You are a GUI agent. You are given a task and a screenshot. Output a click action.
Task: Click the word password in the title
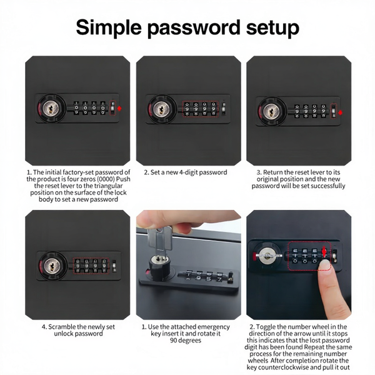point(193,27)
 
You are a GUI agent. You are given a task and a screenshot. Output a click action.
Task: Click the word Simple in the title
point(109,27)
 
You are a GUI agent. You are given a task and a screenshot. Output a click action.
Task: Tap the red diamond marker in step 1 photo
point(119,108)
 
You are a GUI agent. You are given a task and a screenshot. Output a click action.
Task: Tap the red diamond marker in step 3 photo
point(341,112)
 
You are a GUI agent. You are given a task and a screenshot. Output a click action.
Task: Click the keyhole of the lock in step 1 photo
point(51,109)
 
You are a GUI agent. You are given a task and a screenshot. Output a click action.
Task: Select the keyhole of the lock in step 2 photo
point(161,109)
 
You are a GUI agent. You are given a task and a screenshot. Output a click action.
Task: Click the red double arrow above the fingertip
point(324,252)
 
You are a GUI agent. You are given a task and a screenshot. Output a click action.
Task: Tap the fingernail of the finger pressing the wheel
point(325,265)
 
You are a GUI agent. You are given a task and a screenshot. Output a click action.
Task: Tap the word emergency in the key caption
point(214,327)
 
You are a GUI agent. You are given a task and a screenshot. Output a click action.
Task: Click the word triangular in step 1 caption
point(108,186)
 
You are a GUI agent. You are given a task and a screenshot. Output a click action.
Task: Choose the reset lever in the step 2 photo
point(224,108)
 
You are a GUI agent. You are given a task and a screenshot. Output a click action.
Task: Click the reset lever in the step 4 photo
point(114,266)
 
